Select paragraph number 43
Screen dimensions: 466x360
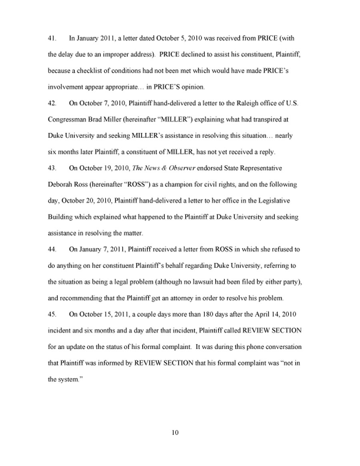pos(51,168)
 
